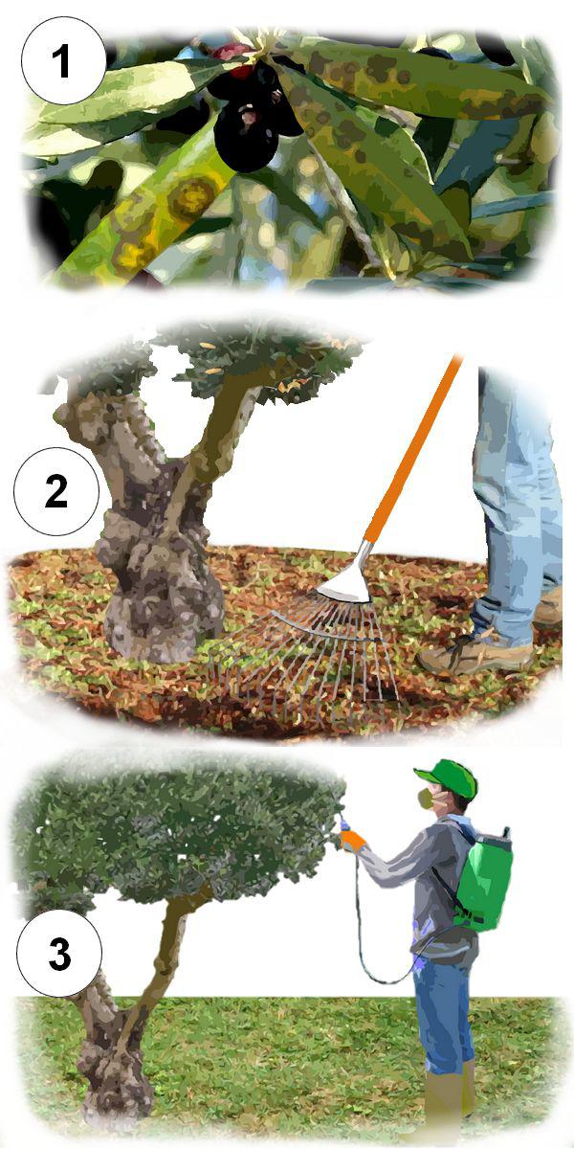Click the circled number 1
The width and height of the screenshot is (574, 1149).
click(x=62, y=60)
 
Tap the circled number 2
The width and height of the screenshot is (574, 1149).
click(x=55, y=491)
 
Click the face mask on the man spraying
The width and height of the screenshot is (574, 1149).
click(x=427, y=799)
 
